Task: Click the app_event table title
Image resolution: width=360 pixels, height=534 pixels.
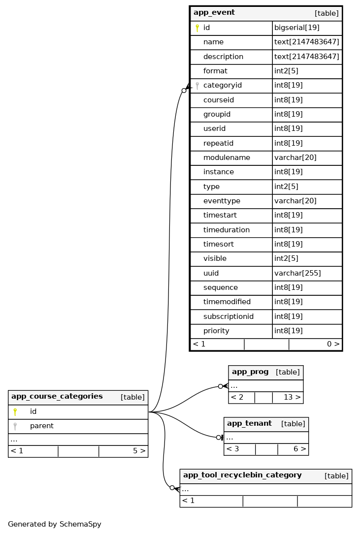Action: (214, 13)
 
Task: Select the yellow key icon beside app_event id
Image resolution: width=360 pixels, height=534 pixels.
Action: (197, 28)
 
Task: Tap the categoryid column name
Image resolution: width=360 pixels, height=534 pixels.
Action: (222, 86)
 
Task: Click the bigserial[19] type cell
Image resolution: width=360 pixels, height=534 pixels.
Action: (296, 28)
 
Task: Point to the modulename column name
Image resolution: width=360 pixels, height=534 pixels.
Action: (227, 158)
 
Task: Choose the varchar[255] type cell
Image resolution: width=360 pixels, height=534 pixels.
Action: (297, 273)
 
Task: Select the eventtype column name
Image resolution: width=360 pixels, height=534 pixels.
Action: (222, 201)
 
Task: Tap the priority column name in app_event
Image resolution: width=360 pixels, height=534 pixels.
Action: (216, 331)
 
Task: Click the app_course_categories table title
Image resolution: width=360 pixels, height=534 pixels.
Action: (57, 397)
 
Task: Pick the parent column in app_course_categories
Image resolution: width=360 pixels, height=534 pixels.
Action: (41, 426)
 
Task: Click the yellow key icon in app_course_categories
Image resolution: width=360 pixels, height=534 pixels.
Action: (15, 412)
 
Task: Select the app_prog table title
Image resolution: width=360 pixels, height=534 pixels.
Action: (250, 372)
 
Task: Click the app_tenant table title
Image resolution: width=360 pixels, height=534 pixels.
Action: (249, 424)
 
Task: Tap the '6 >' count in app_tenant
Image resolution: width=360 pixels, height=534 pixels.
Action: (299, 449)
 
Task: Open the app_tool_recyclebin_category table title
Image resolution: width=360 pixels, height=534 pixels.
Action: (242, 475)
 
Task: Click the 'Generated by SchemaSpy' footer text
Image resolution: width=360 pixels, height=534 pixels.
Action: (54, 525)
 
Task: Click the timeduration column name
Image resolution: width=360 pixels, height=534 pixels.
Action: (226, 230)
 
